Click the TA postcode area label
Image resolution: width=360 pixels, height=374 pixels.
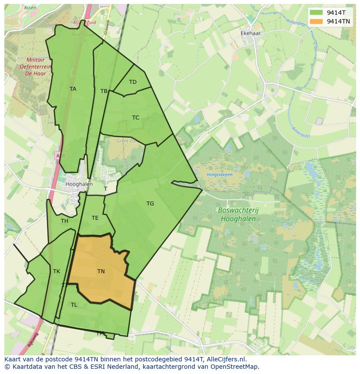tap(73, 89)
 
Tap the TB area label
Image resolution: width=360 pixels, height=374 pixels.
tap(104, 91)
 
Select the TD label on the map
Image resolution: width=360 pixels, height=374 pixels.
tap(133, 82)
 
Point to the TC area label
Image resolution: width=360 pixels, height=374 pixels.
tap(136, 118)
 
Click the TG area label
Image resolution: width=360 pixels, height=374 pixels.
tap(150, 204)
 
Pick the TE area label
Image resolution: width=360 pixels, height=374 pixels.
tap(95, 218)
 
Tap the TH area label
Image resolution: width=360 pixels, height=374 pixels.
tap(64, 221)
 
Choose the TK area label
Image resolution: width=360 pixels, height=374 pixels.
tap(57, 271)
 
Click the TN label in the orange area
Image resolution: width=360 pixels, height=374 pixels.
tap(101, 271)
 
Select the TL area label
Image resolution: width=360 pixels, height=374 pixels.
tap(74, 305)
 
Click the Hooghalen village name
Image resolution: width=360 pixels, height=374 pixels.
tap(79, 184)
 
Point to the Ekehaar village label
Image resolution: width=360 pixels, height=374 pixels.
tap(250, 33)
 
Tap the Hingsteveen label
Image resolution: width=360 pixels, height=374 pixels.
tap(220, 175)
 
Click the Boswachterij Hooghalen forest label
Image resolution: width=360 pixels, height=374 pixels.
tap(237, 215)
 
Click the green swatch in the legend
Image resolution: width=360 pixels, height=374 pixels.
tap(316, 13)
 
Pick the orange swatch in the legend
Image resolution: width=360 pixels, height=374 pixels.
tap(316, 21)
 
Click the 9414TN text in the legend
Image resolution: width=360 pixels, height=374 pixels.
tap(338, 21)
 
